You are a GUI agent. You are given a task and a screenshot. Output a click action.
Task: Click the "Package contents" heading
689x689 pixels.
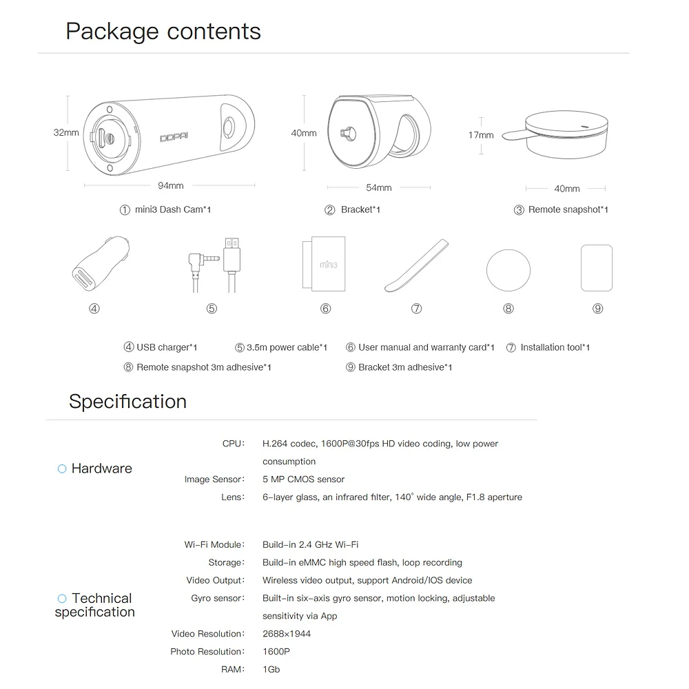point(163,32)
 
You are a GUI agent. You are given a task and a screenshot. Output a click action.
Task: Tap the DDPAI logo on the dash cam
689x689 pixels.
point(178,137)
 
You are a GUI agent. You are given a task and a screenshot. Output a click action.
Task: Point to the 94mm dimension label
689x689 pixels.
point(170,185)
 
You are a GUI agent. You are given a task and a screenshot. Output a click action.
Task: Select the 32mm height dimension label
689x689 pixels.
point(66,132)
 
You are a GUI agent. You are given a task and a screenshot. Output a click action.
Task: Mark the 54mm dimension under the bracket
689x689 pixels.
point(378,187)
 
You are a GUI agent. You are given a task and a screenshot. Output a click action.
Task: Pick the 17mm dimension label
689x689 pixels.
point(481,135)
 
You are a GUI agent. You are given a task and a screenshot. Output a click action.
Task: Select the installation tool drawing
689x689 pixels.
point(416,265)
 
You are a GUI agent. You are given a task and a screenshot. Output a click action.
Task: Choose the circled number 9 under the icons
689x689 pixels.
point(597,309)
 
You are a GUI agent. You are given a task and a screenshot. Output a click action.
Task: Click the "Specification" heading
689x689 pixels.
point(127,402)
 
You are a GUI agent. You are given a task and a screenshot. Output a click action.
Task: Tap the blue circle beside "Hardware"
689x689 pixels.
point(62,469)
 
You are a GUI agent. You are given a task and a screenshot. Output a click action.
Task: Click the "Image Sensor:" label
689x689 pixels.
point(214,480)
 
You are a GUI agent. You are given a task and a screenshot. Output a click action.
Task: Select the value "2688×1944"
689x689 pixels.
point(287,634)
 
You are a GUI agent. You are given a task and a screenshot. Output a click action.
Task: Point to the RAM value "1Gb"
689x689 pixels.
point(271,670)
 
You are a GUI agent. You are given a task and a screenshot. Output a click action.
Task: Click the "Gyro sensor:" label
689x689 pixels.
point(217,598)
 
